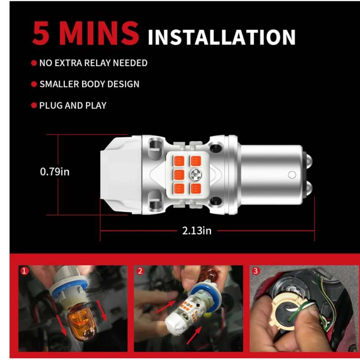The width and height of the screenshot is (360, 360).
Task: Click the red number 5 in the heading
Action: (x=41, y=33)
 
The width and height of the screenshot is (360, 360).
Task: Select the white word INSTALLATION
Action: (x=221, y=37)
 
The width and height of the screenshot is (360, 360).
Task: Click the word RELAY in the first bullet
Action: (x=96, y=63)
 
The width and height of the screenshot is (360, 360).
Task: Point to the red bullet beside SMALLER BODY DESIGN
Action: (x=34, y=84)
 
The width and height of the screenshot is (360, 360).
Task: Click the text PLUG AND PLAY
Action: (x=73, y=106)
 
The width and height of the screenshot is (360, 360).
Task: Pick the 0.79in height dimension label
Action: (x=54, y=172)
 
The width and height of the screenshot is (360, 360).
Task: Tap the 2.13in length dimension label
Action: (x=197, y=231)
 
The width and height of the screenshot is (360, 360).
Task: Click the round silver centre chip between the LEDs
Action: (x=196, y=175)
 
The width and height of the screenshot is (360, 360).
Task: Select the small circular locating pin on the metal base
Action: (x=292, y=175)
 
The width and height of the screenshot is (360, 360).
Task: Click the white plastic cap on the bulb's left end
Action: (x=121, y=175)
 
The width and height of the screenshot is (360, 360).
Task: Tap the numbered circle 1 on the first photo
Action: (x=24, y=271)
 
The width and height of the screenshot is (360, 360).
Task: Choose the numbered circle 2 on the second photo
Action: (x=140, y=271)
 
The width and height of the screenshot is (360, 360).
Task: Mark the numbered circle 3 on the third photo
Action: (x=255, y=271)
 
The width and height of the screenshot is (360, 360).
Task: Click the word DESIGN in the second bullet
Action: (x=123, y=84)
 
